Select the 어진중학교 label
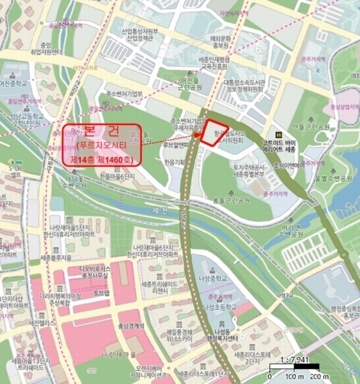(x=15, y=83)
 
